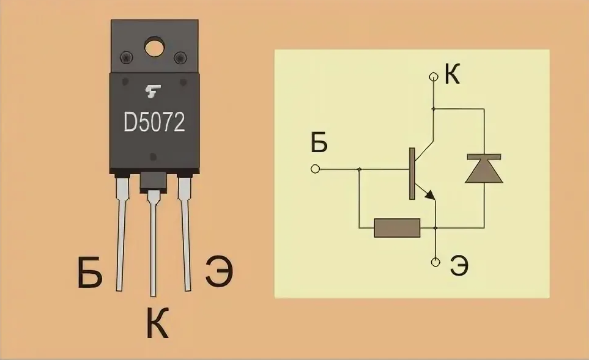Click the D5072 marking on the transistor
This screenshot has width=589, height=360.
click(154, 122)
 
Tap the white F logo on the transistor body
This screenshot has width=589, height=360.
click(153, 91)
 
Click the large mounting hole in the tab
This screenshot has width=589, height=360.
click(154, 46)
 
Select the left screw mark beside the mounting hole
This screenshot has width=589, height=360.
click(127, 57)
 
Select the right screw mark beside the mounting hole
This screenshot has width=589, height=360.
click(180, 57)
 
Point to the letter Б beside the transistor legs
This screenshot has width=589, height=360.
click(90, 273)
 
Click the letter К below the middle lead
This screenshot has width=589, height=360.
click(157, 323)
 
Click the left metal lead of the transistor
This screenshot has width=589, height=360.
click(120, 233)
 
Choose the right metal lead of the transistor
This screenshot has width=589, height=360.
click(185, 233)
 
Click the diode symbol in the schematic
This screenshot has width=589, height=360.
click(484, 168)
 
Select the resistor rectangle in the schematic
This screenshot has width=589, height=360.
click(397, 228)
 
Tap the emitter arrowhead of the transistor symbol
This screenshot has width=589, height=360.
click(430, 195)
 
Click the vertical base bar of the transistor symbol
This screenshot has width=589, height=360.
click(412, 174)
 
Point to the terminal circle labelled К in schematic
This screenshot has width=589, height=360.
click(434, 77)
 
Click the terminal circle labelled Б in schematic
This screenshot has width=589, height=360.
click(316, 169)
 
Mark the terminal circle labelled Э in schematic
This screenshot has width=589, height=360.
click(435, 262)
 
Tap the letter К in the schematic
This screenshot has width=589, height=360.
click(452, 74)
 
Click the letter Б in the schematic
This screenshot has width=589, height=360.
click(319, 142)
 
